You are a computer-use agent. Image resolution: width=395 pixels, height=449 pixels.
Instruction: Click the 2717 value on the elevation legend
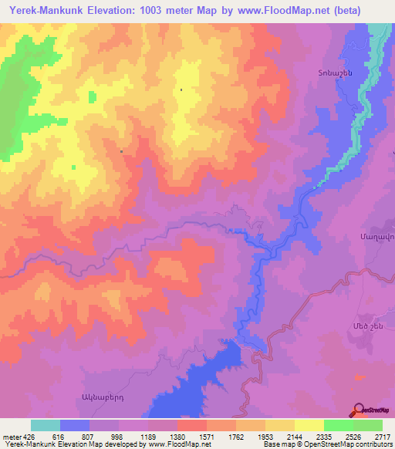pos(383,437)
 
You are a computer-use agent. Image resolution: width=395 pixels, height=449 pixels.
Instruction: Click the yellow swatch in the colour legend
pos(309,425)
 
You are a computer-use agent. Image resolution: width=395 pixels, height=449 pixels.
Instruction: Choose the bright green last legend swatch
pos(367,425)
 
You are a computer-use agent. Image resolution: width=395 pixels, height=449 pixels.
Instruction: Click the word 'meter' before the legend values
pos(12,437)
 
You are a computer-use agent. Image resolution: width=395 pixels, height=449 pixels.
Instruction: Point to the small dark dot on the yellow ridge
pos(181,90)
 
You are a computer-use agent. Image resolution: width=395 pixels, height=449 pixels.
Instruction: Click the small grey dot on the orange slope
pos(121,151)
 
